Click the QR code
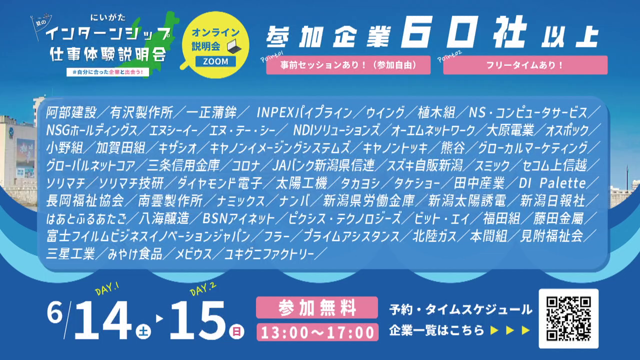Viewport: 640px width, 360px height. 568,318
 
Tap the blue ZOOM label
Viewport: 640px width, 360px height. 215,61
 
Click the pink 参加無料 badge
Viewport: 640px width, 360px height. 317,307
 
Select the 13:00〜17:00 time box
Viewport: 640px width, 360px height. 317,332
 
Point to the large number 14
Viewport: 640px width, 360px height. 102,320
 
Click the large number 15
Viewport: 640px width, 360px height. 198,320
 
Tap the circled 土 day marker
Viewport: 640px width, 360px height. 143,331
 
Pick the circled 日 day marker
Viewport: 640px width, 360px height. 236,331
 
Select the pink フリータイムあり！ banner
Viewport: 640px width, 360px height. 525,65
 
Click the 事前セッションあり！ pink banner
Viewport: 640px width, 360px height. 348,65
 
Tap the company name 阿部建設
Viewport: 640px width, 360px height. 71,112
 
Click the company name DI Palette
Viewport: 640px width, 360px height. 552,183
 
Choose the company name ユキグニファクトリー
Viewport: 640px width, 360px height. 269,254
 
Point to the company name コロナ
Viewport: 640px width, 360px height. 245,165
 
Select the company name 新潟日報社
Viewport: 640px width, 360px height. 552,201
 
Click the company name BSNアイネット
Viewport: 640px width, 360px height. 238,219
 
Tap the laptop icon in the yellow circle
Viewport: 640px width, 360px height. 234,47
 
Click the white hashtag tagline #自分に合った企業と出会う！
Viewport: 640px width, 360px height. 107,72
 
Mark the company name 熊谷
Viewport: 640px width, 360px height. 452,148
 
